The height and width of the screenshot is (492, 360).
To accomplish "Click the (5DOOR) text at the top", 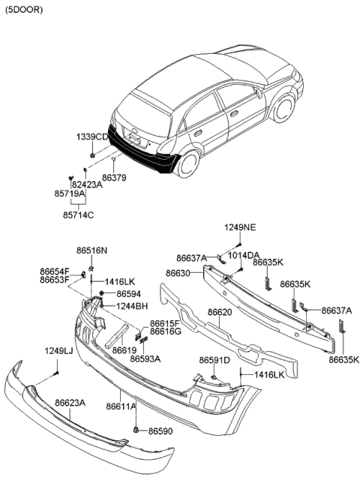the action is click(23, 10).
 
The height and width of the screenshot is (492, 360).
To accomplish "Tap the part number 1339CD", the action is click(92, 137).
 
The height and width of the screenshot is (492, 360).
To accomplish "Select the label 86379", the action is click(114, 178).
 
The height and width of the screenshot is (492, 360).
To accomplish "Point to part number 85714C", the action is click(79, 215).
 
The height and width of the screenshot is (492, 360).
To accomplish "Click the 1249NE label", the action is click(240, 227).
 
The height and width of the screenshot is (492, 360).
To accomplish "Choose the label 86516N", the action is click(91, 250).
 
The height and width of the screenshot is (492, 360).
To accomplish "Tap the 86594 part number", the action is click(129, 294).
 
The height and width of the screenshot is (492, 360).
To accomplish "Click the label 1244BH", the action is click(132, 306).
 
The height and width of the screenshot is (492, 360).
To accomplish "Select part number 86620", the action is click(220, 312).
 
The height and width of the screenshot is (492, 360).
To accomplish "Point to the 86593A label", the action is click(145, 358).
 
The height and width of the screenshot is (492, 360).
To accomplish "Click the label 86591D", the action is click(214, 361).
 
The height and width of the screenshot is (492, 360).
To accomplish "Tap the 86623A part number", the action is click(70, 403).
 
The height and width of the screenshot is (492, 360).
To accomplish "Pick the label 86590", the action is click(160, 431).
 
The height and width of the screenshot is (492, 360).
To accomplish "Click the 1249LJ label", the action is click(58, 351).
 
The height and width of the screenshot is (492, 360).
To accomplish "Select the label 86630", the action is click(178, 273).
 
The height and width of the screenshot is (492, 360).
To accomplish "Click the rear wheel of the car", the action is click(189, 164).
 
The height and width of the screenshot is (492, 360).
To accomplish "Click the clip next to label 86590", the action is click(136, 430).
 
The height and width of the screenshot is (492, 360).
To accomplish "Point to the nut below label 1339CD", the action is click(92, 155).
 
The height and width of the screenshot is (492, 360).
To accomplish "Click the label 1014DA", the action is click(244, 256).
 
